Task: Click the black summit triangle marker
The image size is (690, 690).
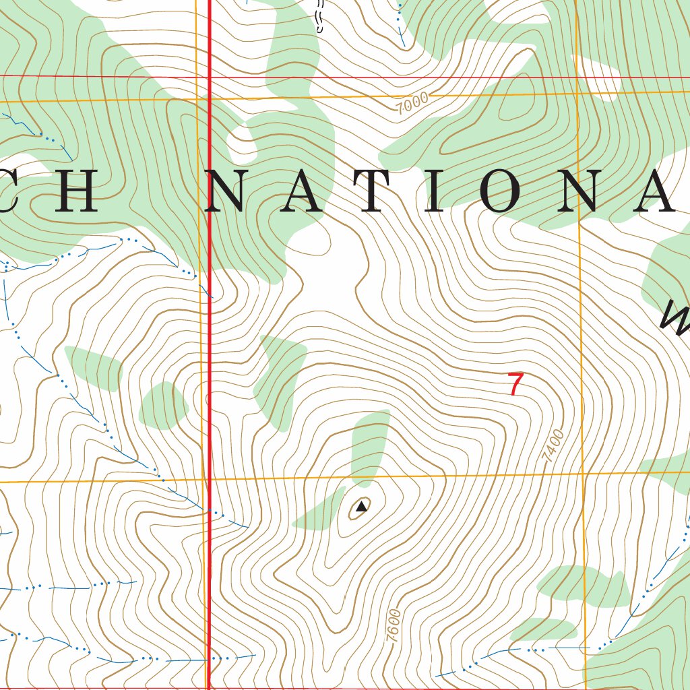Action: tap(362, 505)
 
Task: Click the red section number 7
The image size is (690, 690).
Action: tap(516, 384)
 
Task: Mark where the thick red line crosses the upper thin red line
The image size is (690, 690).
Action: tap(208, 77)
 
